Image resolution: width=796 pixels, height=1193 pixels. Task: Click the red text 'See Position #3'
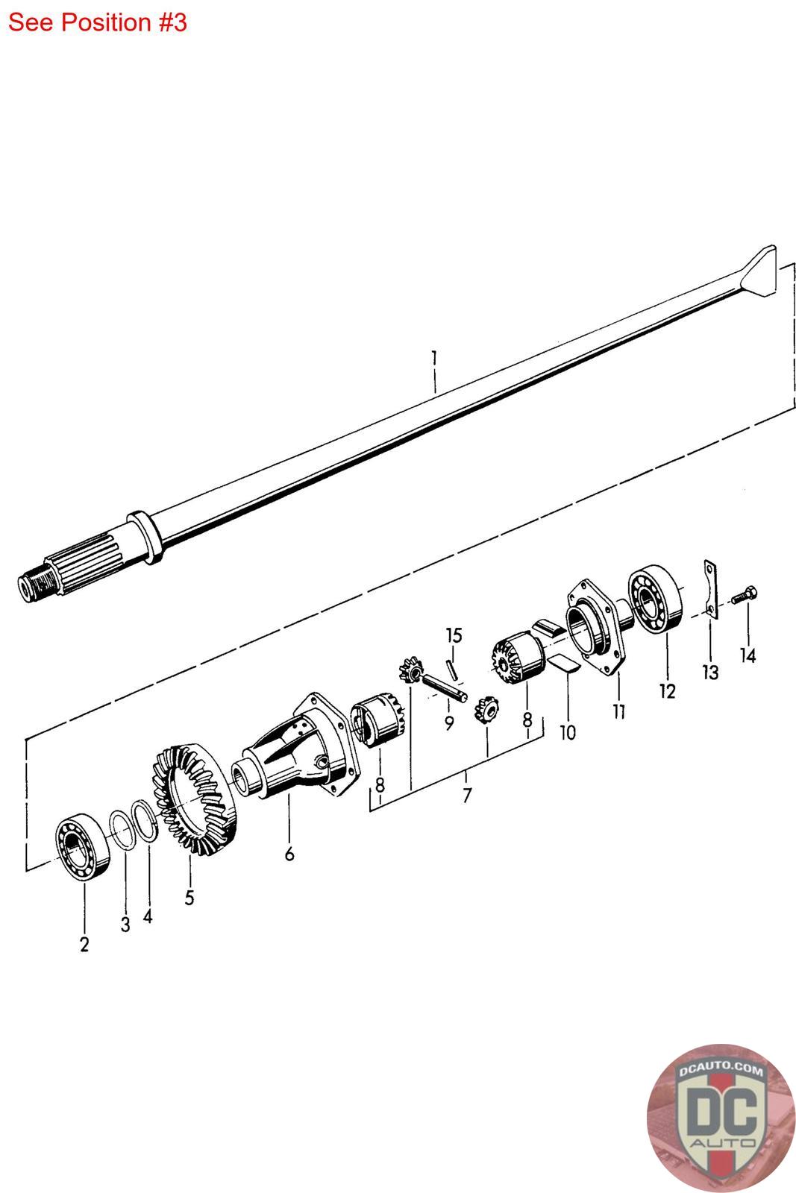pyautogui.click(x=98, y=23)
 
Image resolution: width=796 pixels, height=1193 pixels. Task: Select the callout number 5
pyautogui.click(x=189, y=898)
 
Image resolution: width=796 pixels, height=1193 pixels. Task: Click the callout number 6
pyautogui.click(x=289, y=854)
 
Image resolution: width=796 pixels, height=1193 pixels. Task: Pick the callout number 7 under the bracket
pyautogui.click(x=467, y=795)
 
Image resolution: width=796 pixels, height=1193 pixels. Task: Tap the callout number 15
pyautogui.click(x=454, y=635)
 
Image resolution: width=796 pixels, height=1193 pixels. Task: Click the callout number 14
pyautogui.click(x=748, y=655)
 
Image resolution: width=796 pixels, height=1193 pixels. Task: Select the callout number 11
pyautogui.click(x=618, y=711)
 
